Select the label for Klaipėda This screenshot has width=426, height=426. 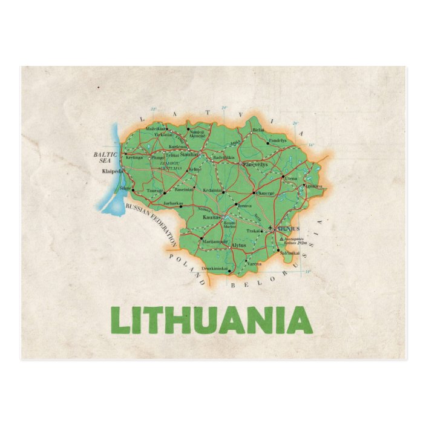coord(113,171)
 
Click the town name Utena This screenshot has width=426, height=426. coord(291,180)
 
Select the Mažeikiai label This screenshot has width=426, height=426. coord(155,129)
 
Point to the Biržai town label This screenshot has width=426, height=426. coord(258,130)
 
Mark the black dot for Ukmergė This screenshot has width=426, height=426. coord(254,192)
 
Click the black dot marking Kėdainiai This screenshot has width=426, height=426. coord(223,192)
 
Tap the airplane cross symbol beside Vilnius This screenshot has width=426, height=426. coord(270,229)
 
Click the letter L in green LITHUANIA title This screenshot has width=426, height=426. coord(120,321)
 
